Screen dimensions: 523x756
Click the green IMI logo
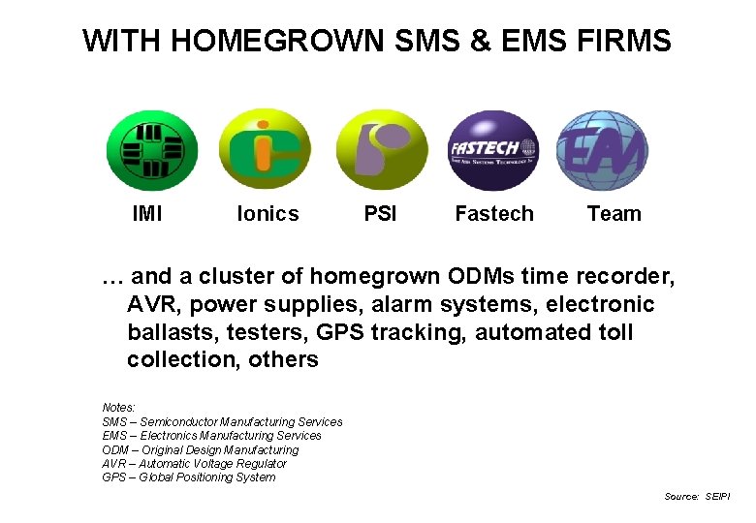click(x=151, y=150)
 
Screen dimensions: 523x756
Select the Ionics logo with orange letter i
click(x=265, y=149)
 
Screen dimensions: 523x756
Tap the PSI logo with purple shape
click(x=381, y=149)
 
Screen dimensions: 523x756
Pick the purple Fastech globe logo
click(x=492, y=150)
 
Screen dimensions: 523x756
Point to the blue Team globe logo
click(x=602, y=150)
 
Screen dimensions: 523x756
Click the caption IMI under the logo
click(x=147, y=214)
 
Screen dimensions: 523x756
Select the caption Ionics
click(x=268, y=214)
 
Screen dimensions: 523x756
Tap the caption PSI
click(x=380, y=214)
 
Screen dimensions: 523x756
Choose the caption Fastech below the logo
click(x=494, y=214)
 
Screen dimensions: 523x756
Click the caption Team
click(x=614, y=214)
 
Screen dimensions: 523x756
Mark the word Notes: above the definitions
click(x=118, y=408)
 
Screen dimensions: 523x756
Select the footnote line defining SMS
click(x=222, y=422)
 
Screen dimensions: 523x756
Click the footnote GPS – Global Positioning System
click(x=188, y=477)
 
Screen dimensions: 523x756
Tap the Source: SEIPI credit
click(x=697, y=496)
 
